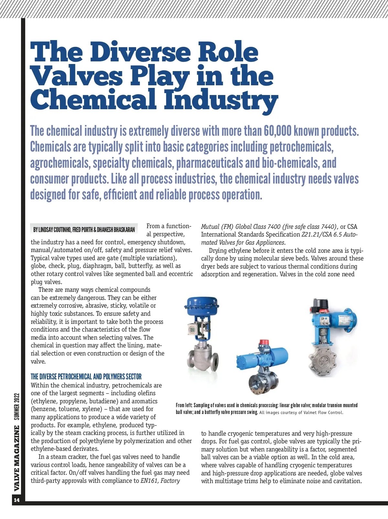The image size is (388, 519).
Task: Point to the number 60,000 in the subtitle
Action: coord(277,131)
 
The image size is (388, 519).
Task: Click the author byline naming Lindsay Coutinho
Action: coord(84,229)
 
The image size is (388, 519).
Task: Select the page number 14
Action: coord(16,500)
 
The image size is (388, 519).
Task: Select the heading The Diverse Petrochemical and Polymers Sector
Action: coord(86,376)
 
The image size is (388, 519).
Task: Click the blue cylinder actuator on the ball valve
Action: coord(262,358)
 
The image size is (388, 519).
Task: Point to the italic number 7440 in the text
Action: coord(327,227)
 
